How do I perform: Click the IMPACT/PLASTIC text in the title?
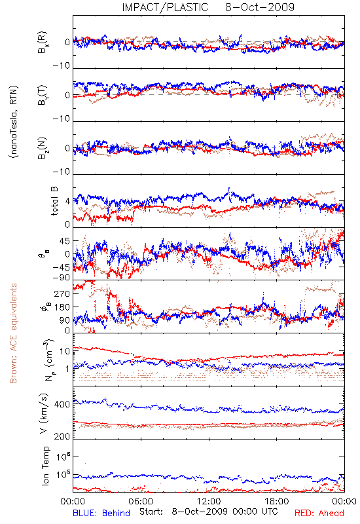pyautogui.click(x=165, y=7)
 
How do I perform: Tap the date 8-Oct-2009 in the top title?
pyautogui.click(x=260, y=7)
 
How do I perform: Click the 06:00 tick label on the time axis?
pyautogui.click(x=141, y=501)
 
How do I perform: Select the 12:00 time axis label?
pyautogui.click(x=209, y=501)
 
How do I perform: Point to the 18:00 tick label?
pyautogui.click(x=277, y=501)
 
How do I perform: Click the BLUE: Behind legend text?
pyautogui.click(x=101, y=513)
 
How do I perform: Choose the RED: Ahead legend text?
pyautogui.click(x=319, y=513)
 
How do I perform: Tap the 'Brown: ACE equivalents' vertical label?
pyautogui.click(x=13, y=333)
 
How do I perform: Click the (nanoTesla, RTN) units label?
pyautogui.click(x=14, y=122)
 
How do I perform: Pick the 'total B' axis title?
pyautogui.click(x=54, y=201)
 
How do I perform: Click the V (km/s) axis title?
pyautogui.click(x=44, y=413)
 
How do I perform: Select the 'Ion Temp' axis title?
pyautogui.click(x=45, y=466)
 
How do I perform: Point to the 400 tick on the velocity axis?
pyautogui.click(x=62, y=404)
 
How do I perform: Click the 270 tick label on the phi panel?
pyautogui.click(x=62, y=293)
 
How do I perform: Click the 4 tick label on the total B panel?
pyautogui.click(x=67, y=202)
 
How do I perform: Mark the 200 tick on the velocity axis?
pyautogui.click(x=62, y=436)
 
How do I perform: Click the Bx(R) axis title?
pyautogui.click(x=43, y=43)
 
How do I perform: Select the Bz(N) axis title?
pyautogui.click(x=43, y=149)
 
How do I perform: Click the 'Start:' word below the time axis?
pyautogui.click(x=151, y=512)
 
